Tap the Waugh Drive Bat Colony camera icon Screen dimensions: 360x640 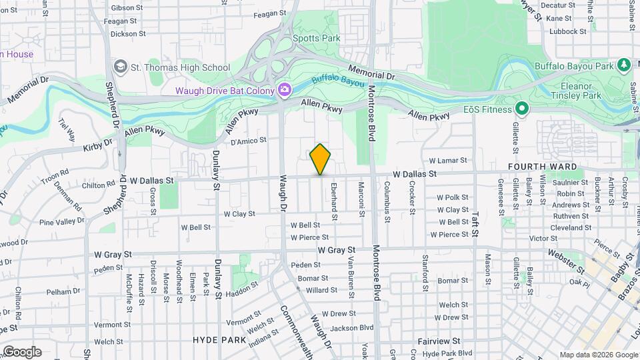pos(285,89)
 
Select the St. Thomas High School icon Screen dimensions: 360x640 pos(120,67)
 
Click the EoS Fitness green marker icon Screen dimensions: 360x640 pos(522,109)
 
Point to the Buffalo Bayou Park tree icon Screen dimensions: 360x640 pos(623,65)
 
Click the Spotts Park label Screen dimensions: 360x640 pos(317,38)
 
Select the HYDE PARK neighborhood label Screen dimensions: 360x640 pos(219,339)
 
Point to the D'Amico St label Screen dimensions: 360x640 pos(248,141)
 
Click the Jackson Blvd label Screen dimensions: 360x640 pos(351,327)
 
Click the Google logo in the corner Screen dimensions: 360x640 pos(22,351)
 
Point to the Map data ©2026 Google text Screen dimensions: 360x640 pos(598,355)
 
